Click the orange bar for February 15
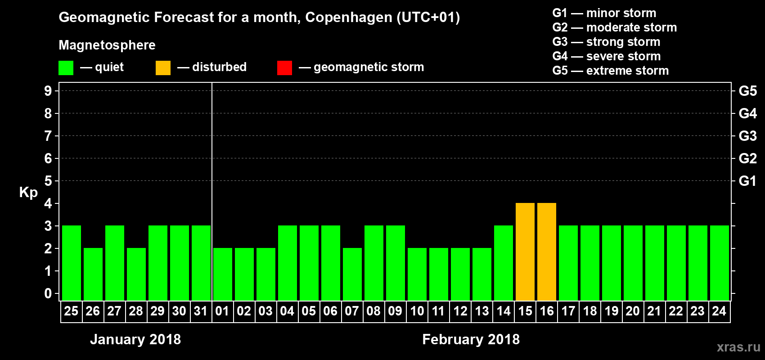(x=525, y=252)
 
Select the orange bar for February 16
(x=547, y=252)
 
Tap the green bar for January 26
(x=93, y=274)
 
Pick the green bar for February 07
(x=352, y=274)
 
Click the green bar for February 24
(x=720, y=263)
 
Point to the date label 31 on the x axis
(x=201, y=311)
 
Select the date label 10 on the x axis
(x=417, y=311)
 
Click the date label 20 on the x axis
(x=633, y=311)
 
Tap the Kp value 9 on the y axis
(x=48, y=91)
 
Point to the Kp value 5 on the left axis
(x=48, y=181)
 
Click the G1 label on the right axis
(x=747, y=181)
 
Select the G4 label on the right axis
(x=747, y=113)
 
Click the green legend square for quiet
(x=66, y=68)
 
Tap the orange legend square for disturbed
(x=163, y=68)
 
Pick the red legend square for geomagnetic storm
(x=284, y=68)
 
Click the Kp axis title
(x=28, y=192)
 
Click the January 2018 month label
(x=135, y=339)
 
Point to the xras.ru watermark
(x=738, y=347)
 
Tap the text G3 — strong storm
(x=606, y=42)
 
